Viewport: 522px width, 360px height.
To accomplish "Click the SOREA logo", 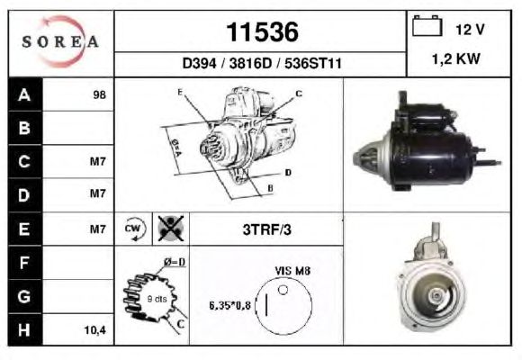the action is [x=60, y=41].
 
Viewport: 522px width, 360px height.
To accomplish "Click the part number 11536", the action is [x=262, y=32].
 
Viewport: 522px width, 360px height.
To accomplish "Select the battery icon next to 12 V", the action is [x=427, y=26].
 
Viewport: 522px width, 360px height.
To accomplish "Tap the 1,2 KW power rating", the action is [x=455, y=58].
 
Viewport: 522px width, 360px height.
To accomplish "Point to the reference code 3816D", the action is [x=250, y=63].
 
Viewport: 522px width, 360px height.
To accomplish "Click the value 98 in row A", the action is [x=100, y=94].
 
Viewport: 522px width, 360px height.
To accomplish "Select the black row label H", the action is [x=24, y=329].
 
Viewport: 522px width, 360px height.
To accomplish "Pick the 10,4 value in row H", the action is [x=94, y=330].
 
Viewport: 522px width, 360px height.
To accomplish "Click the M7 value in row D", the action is [x=97, y=193].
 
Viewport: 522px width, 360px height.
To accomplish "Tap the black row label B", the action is [x=24, y=128].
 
